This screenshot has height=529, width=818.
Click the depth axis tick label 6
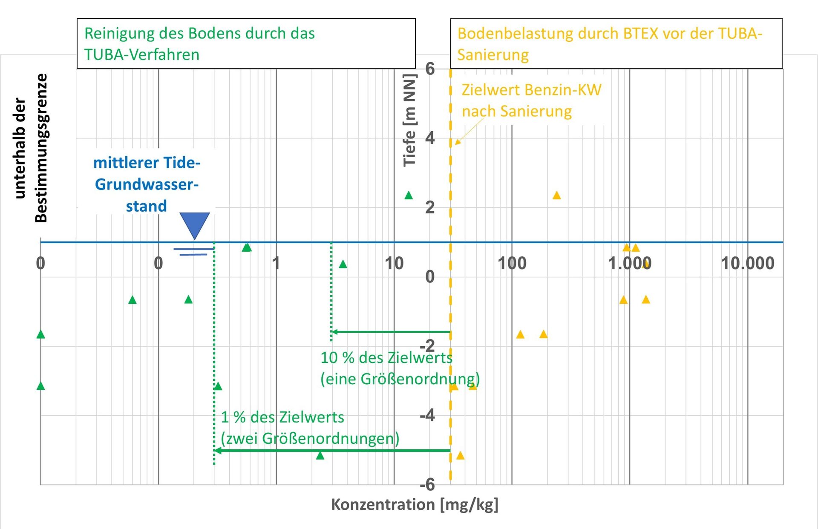point(430,69)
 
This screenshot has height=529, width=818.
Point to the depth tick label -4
point(428,415)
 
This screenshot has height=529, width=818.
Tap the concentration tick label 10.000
point(747,263)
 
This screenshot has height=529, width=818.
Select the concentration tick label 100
point(512,263)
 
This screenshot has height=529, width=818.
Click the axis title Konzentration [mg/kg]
point(415,504)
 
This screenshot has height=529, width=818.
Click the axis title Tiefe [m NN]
point(409,120)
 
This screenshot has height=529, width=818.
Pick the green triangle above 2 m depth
point(409,195)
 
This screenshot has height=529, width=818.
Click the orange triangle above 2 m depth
point(556,195)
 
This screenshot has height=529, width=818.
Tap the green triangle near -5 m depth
point(320,456)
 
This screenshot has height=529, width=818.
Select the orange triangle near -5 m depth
point(460,456)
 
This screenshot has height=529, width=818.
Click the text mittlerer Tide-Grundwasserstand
point(147,184)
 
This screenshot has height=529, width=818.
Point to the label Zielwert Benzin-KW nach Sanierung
point(531,101)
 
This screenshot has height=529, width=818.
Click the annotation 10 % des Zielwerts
point(386,358)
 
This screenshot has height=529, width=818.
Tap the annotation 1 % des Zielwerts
point(282,417)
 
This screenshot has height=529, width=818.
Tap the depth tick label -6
point(427,484)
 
